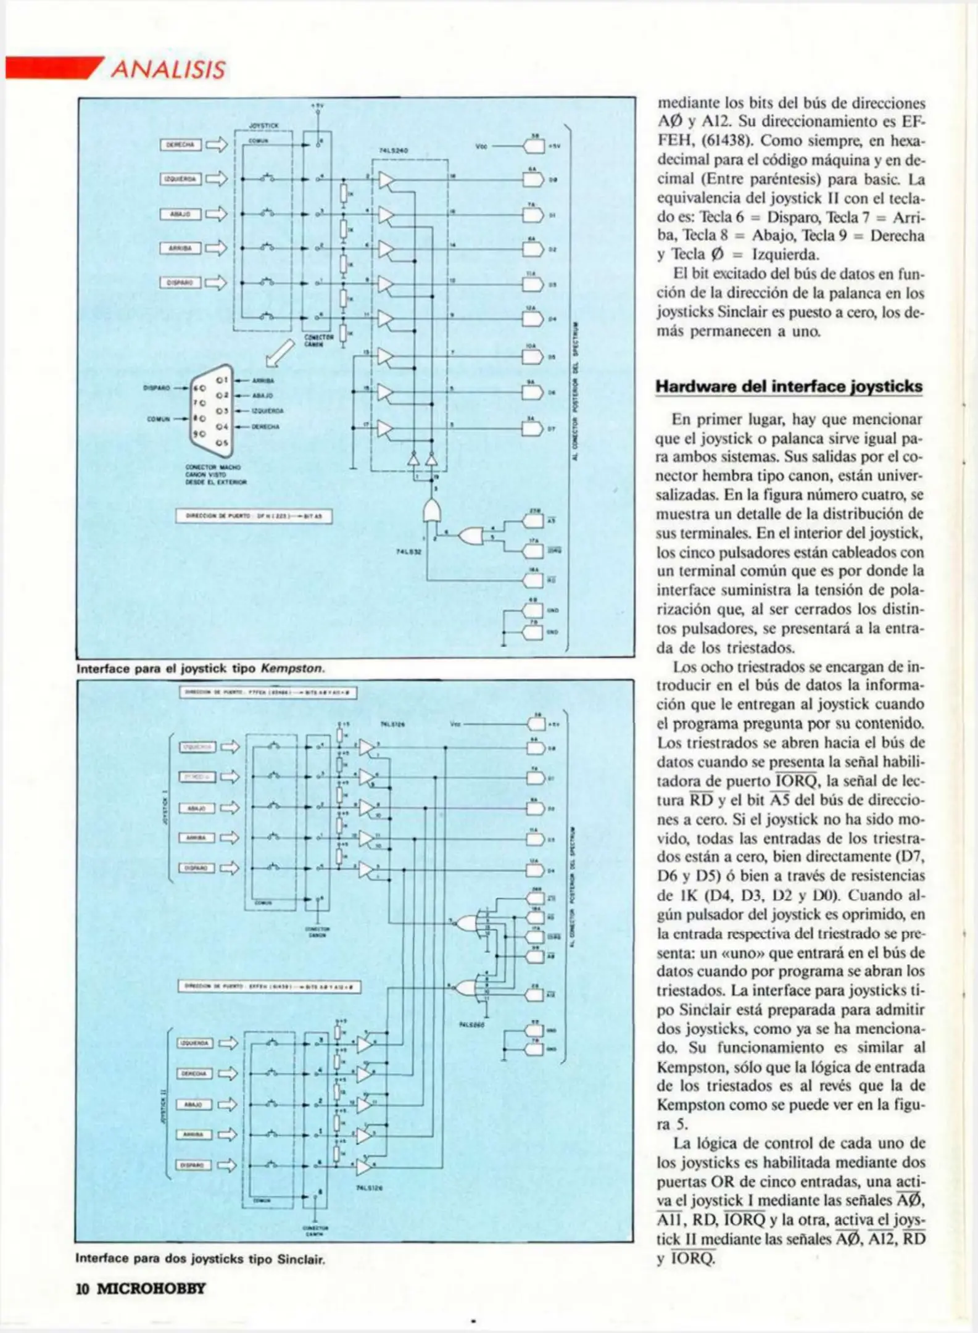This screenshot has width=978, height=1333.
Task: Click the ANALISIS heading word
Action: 168,69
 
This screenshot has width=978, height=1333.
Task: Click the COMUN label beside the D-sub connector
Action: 159,419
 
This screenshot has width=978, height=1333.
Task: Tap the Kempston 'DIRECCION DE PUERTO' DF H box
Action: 254,516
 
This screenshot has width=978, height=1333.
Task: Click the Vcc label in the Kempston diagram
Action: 482,146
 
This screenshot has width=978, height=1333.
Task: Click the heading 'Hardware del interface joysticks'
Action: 789,387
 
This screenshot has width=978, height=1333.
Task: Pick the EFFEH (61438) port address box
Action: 269,987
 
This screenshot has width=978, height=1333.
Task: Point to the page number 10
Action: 83,1289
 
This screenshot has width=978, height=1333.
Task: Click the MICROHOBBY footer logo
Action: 151,1289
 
